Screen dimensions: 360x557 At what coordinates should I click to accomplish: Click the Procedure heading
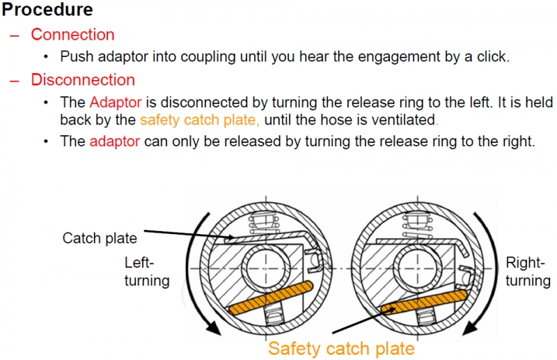(48, 10)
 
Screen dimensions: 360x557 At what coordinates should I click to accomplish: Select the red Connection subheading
(72, 35)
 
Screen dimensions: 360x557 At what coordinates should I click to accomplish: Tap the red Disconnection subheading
(83, 80)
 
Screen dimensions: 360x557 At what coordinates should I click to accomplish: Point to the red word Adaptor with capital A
(113, 103)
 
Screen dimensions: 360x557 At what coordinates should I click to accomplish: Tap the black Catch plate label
(100, 238)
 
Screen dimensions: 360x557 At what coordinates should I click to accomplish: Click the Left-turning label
(146, 272)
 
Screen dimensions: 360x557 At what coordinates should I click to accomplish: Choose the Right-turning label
(528, 272)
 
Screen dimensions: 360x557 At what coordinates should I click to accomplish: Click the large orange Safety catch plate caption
(341, 347)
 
